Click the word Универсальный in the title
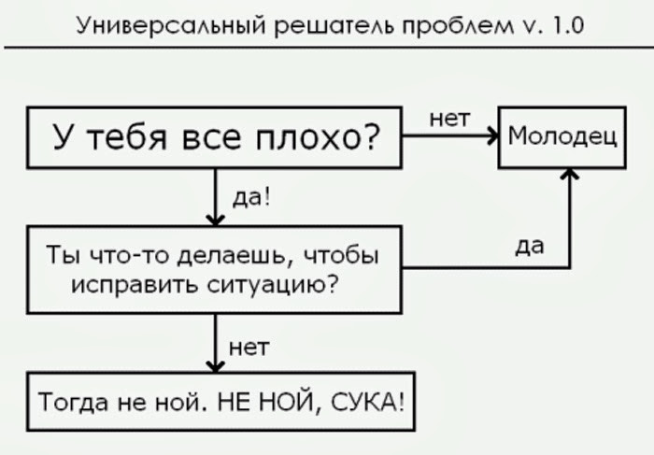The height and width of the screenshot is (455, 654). coord(171,27)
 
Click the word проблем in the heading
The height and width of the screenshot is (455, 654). coord(458,27)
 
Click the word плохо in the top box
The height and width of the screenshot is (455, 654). coord(307,137)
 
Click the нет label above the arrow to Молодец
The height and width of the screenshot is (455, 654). coord(449,120)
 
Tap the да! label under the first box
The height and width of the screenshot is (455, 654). coord(251,197)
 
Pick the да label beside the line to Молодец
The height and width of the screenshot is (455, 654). coord(530,247)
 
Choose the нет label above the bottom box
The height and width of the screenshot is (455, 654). coord(249,348)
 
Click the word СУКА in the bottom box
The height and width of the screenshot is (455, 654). coord(367,402)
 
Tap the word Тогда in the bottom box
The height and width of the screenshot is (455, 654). coord(73,403)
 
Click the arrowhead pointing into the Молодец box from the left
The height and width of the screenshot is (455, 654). coord(494,135)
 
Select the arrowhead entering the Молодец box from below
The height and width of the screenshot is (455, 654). coord(570,174)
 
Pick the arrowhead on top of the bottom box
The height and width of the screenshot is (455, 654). coord(216,366)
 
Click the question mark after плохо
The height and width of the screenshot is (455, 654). coord(370,136)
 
